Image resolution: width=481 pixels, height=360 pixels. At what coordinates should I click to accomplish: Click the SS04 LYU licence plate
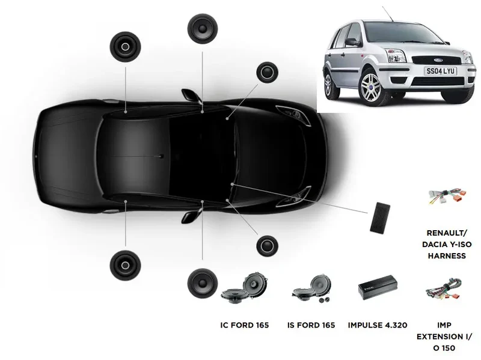[x=441, y=71]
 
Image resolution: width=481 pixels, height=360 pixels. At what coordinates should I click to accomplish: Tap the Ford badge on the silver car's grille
[x=438, y=60]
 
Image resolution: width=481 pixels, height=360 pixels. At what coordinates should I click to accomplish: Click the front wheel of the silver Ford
[x=372, y=87]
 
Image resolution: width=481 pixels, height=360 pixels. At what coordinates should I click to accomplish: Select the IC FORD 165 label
[x=245, y=325]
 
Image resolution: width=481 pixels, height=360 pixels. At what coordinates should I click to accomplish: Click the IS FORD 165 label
[x=311, y=325]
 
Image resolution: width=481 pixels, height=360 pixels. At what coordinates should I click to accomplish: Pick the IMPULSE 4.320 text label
[x=378, y=325]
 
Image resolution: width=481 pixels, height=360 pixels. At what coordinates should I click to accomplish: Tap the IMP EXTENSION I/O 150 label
[x=444, y=337]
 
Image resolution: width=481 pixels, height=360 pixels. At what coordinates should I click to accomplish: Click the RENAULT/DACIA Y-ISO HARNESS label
[x=447, y=244]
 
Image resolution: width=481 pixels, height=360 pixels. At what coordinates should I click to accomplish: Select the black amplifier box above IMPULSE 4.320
[x=378, y=287]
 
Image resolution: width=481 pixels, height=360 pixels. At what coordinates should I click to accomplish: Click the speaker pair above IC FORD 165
[x=245, y=287]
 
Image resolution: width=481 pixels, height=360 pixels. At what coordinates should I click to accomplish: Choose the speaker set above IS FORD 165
[x=311, y=288]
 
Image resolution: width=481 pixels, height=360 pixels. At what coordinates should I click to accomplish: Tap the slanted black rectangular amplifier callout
[x=380, y=218]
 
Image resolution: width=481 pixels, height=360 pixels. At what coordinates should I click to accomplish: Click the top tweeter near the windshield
[x=267, y=72]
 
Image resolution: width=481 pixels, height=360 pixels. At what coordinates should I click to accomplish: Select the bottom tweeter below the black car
[x=267, y=246]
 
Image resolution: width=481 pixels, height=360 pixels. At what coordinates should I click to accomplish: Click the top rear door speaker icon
[x=125, y=47]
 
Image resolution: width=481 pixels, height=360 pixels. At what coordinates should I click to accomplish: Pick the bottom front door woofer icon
[x=203, y=283]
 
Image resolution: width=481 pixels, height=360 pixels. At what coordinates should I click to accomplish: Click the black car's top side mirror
[x=191, y=95]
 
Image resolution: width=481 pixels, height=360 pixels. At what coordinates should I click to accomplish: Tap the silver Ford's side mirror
[x=353, y=42]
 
